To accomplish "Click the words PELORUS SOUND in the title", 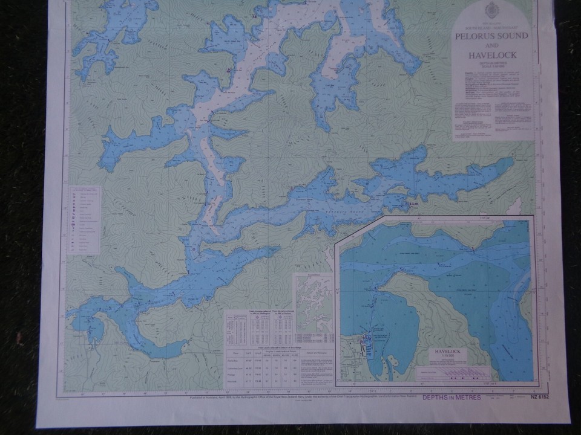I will pyautogui.click(x=491, y=36).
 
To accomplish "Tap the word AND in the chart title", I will pyautogui.click(x=491, y=46).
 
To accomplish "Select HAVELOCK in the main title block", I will pyautogui.click(x=491, y=56).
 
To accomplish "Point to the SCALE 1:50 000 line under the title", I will pyautogui.click(x=491, y=68).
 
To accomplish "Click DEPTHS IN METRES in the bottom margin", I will pyautogui.click(x=451, y=397).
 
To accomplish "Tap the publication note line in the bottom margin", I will pyautogui.click(x=290, y=398).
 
